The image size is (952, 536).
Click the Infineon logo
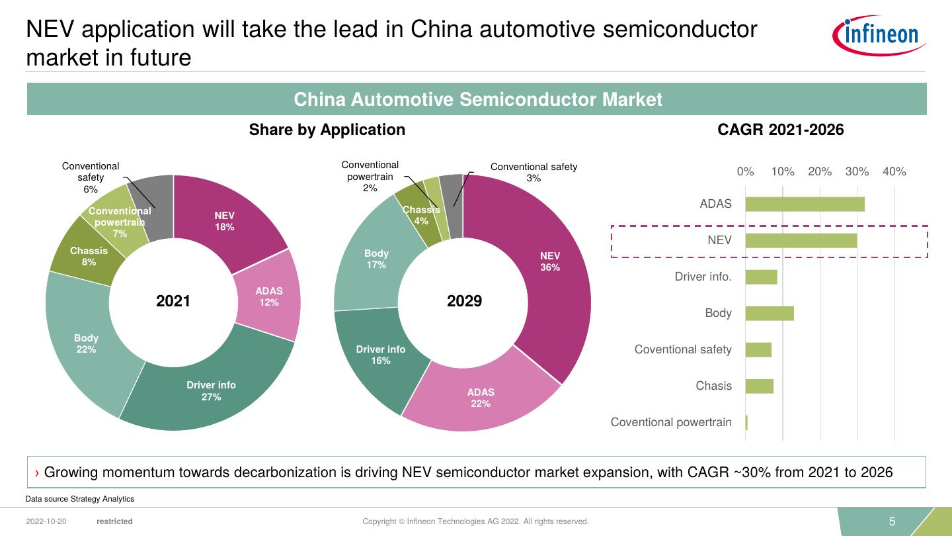pos(879,35)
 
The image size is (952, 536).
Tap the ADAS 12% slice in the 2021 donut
pos(268,296)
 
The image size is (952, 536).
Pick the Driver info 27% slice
pos(211,390)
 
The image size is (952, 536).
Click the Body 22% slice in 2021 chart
pos(86,343)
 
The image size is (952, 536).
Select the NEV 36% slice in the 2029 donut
pos(549,261)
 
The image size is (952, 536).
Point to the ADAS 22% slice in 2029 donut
pos(481,397)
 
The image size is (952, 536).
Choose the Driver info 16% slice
pos(381,355)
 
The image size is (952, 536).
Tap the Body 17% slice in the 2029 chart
pos(376,259)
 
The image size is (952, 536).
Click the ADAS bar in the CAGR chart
pos(805,204)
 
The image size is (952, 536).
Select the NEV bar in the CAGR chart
pos(801,240)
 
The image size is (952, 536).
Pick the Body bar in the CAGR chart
pos(770,313)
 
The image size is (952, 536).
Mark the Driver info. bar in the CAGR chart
pos(761,277)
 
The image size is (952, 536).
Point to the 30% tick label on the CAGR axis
pos(857,171)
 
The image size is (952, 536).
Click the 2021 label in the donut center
pos(173,301)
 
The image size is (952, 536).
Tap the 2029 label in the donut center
pos(464,301)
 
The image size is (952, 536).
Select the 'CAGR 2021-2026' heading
pos(781,130)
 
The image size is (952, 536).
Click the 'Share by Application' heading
pos(327,130)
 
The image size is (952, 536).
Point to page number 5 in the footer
pos(892,521)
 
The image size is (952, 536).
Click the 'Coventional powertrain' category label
pos(671,422)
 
